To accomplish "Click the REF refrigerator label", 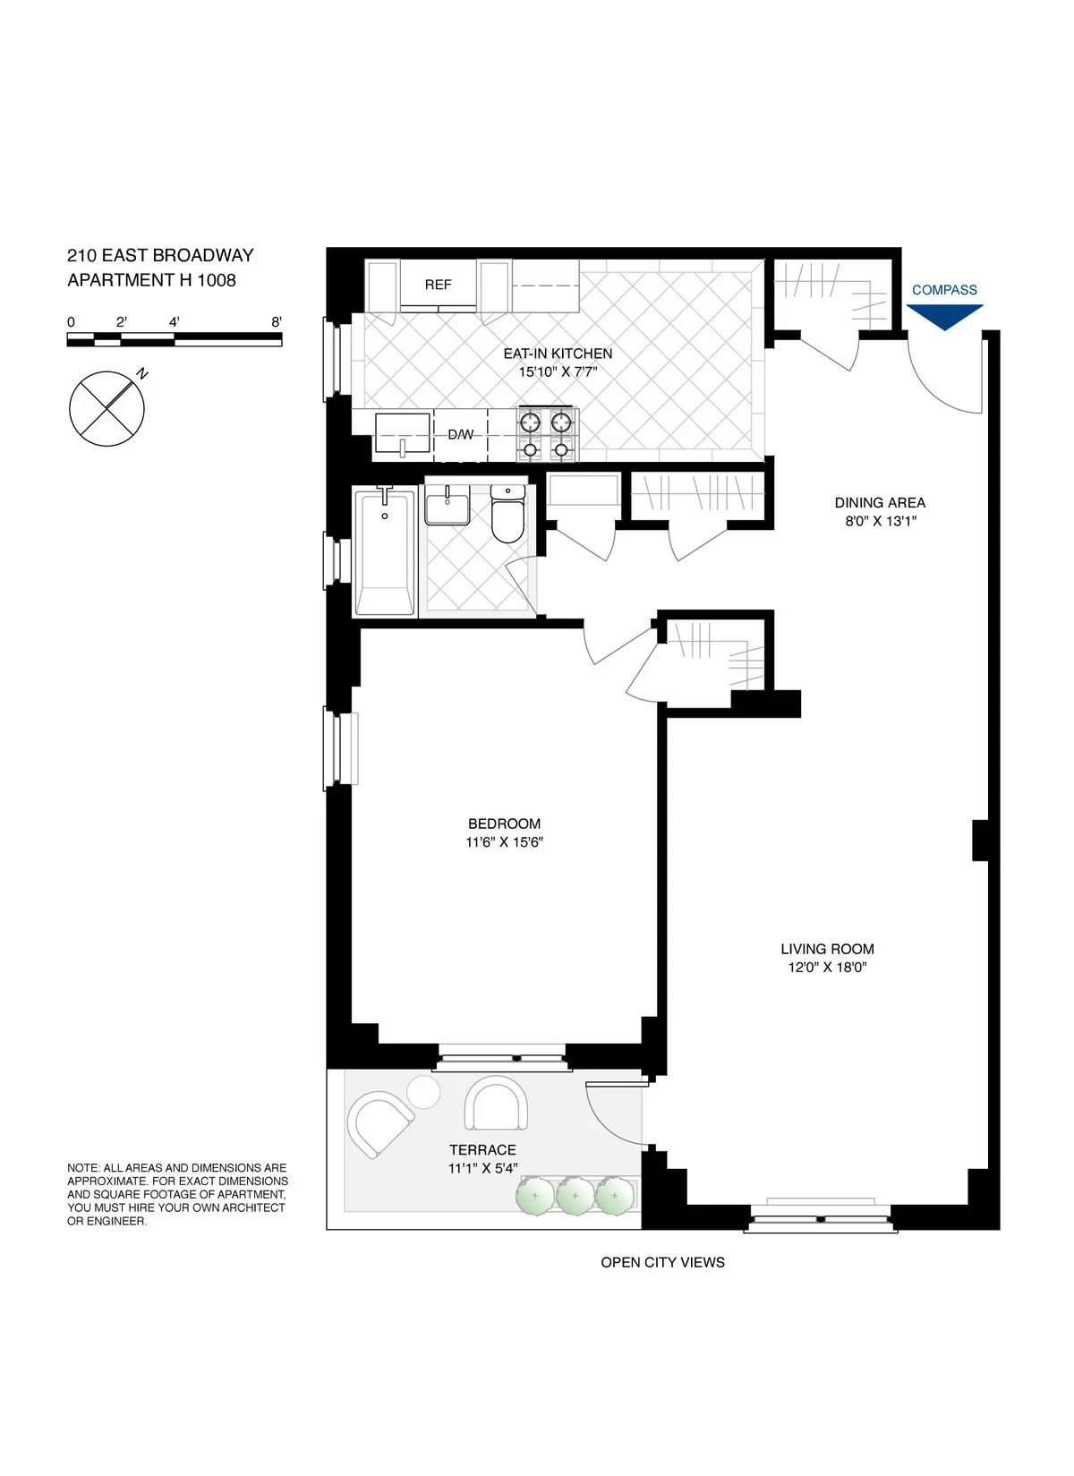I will [x=438, y=285].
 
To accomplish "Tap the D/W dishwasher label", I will [x=460, y=435].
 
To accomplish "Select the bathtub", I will [x=385, y=553].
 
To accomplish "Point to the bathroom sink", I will [x=447, y=507].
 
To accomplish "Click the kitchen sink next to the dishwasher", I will [x=402, y=433].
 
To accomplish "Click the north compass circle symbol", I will [x=107, y=409].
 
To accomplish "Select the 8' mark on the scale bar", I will [x=277, y=322].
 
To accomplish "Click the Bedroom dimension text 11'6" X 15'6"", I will [x=504, y=842].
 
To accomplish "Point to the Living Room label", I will [x=827, y=949].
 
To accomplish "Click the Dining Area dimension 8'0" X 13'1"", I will [x=881, y=521].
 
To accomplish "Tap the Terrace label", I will [x=482, y=1150].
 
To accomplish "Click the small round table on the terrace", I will [x=423, y=1092].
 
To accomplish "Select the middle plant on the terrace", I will [x=575, y=1196].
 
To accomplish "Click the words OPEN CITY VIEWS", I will [x=662, y=1262].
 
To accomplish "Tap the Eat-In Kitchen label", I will [x=558, y=354].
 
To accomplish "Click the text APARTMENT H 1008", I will [x=151, y=280].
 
